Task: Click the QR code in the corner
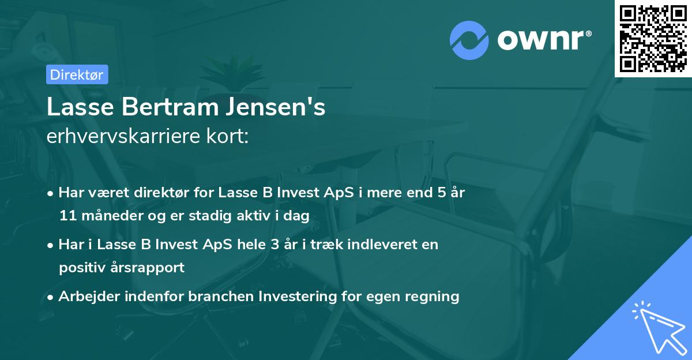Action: pyautogui.click(x=652, y=38)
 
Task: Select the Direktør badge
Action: pyautogui.click(x=77, y=74)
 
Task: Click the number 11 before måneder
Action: pyautogui.click(x=66, y=216)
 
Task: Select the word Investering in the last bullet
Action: pyautogui.click(x=296, y=297)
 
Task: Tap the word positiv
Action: pyautogui.click(x=80, y=267)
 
